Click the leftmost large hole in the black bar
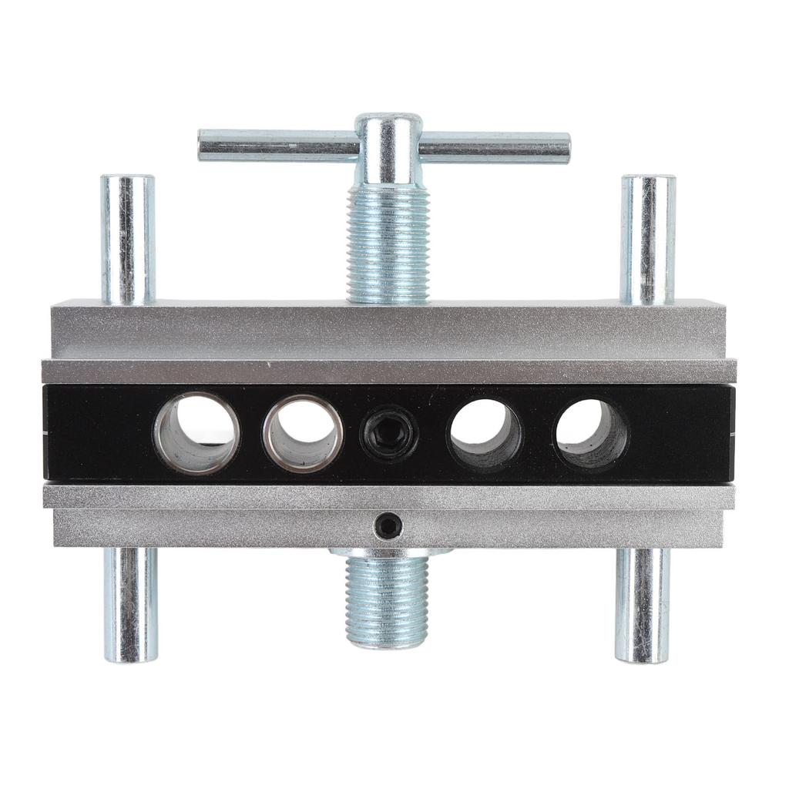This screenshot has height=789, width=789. [x=196, y=432]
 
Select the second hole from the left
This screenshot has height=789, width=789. [x=303, y=432]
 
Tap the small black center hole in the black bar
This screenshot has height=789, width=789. [x=389, y=432]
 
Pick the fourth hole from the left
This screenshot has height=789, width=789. [x=485, y=432]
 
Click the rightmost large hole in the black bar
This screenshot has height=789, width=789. [x=591, y=434]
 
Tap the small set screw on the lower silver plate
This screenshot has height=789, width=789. [x=388, y=527]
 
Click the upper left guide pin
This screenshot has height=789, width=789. [x=128, y=239]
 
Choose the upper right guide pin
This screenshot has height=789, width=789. [x=648, y=239]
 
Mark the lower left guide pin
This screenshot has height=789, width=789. [x=131, y=605]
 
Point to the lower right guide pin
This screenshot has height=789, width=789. [x=642, y=605]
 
